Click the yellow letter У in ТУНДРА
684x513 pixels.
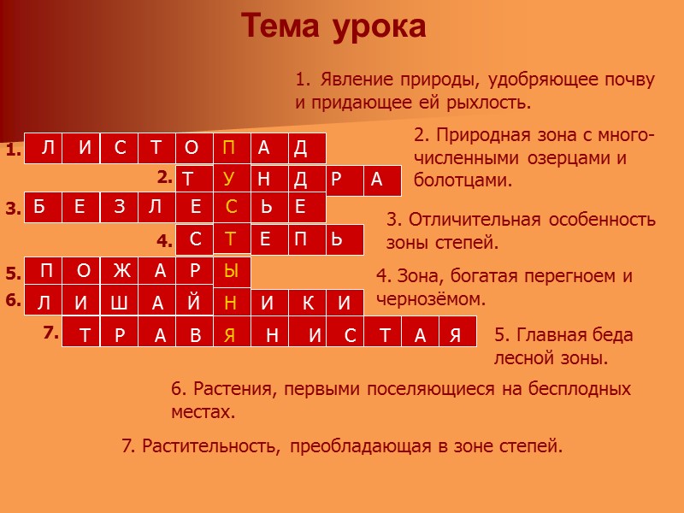coord(229,179)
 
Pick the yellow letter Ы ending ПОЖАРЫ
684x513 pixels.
coord(231,272)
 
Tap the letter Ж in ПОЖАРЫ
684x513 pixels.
coord(120,272)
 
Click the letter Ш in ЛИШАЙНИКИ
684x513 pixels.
coord(120,303)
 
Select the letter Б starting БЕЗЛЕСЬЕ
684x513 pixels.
coord(40,208)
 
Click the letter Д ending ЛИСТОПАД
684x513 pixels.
coord(300,149)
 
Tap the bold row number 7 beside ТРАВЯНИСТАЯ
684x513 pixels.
coord(50,332)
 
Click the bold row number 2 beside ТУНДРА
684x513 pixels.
coord(164,178)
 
